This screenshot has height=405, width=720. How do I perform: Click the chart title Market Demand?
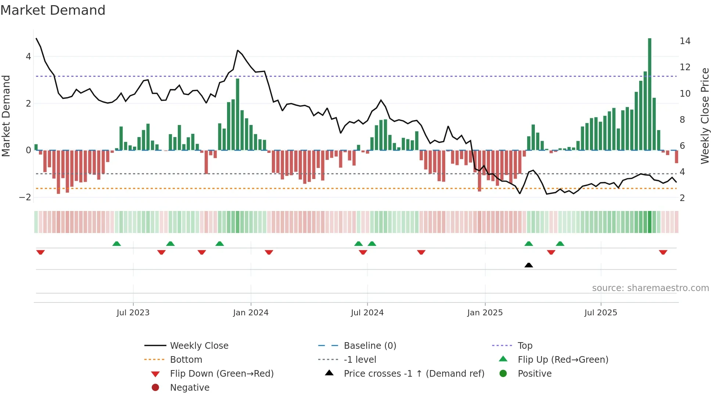[53, 10]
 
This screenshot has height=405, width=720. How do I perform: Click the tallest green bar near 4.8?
[649, 94]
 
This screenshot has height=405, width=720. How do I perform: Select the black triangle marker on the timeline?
[529, 265]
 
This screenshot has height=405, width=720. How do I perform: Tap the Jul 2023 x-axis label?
[133, 313]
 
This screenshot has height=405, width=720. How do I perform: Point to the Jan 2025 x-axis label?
[485, 313]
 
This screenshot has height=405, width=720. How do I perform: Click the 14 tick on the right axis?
[685, 41]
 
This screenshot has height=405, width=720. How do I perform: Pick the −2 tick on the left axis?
[25, 197]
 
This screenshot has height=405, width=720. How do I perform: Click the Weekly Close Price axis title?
[705, 116]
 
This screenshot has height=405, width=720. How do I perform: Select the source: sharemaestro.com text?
[650, 288]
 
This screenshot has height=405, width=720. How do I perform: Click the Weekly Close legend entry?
[199, 346]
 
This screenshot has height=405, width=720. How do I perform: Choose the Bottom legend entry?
[186, 360]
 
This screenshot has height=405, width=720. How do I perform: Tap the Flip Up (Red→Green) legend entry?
[563, 360]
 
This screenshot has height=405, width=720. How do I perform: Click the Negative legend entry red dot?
[155, 388]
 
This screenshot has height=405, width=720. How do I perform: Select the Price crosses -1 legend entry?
[414, 374]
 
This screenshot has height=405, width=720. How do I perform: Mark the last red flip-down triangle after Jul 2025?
[663, 252]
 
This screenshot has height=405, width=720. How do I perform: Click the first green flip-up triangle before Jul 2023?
[116, 244]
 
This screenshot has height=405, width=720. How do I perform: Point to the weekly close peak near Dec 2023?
[238, 50]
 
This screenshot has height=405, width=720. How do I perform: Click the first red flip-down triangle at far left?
[40, 252]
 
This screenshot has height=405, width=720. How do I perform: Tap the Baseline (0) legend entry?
[370, 346]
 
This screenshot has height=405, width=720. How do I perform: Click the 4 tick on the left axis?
[28, 57]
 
